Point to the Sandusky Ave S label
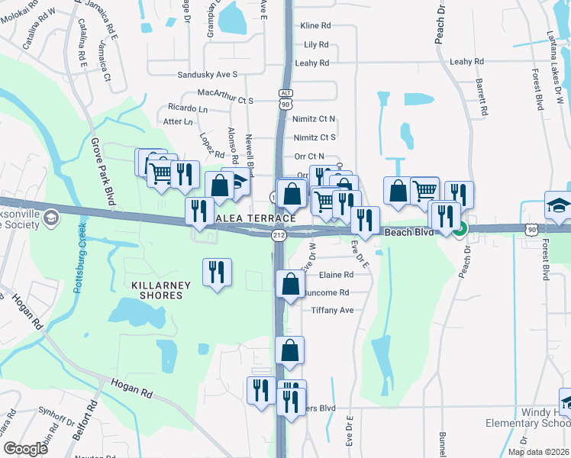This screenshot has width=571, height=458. click(208, 75)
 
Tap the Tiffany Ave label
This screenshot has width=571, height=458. click(332, 310)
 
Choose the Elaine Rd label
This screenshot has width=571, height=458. click(337, 275)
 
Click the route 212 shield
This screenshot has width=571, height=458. click(279, 236)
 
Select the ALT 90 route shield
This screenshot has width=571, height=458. click(285, 98)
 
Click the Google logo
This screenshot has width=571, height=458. click(26, 449)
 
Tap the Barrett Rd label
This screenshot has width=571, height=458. click(482, 95)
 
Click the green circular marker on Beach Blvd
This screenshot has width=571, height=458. click(460, 227)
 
